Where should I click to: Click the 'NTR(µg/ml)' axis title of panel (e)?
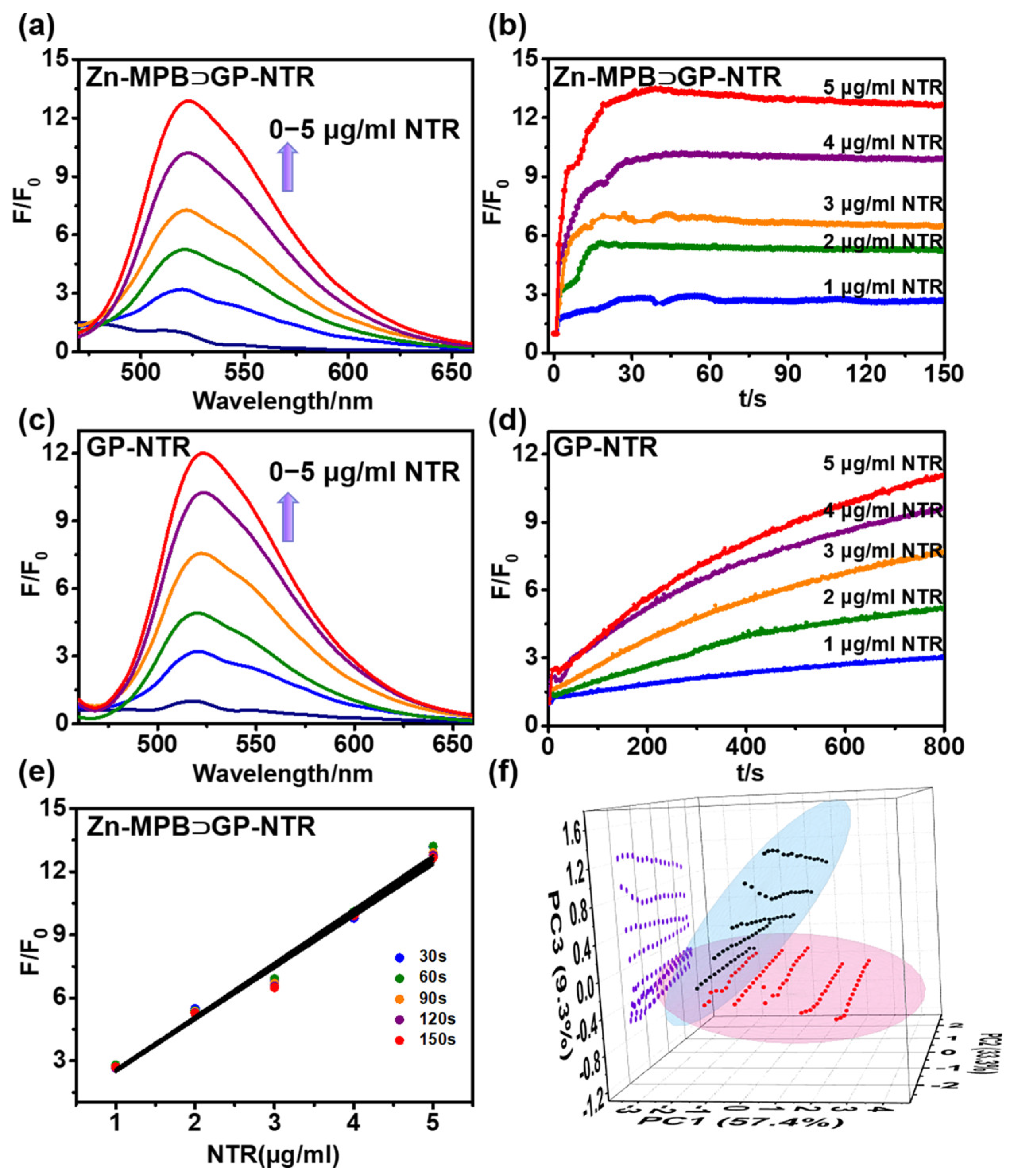point(273,1152)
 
